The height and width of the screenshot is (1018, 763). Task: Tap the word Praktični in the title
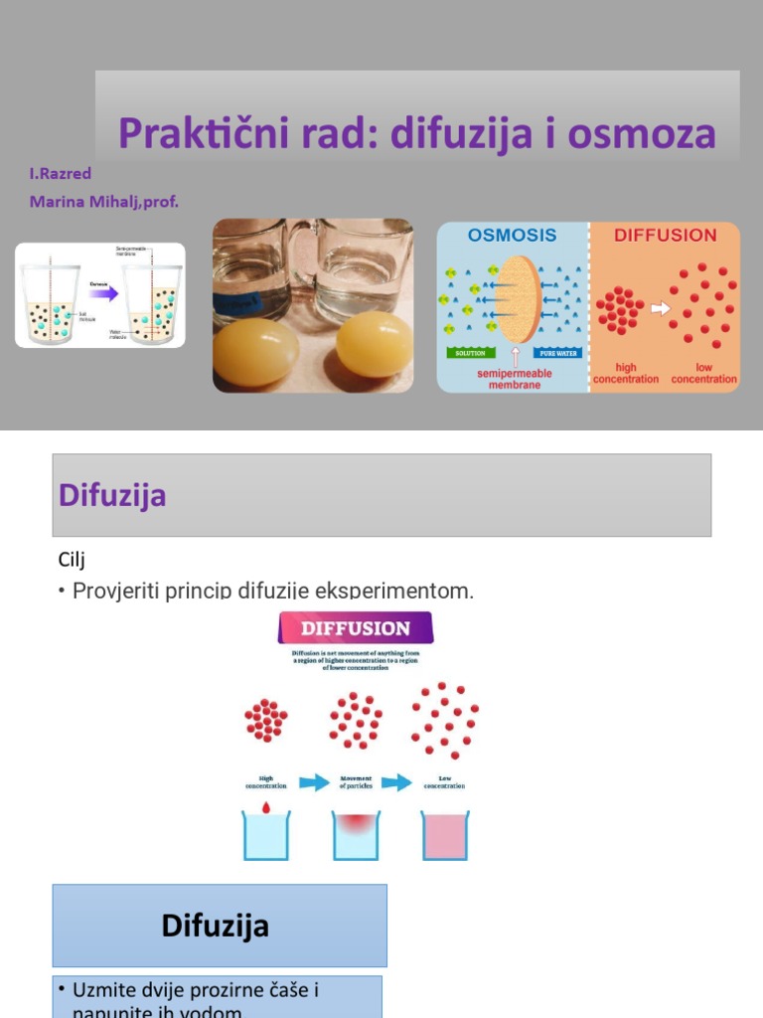184,133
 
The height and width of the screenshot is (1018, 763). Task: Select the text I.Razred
61,173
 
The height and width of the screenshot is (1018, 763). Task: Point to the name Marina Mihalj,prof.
104,202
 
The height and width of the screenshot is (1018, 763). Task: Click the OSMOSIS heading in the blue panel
512,236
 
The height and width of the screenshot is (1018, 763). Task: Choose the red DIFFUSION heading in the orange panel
665,236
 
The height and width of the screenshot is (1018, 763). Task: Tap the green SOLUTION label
470,353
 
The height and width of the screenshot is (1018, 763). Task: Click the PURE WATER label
558,353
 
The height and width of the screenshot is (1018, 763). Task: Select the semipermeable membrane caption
514,379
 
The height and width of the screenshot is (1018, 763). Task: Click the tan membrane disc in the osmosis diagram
517,298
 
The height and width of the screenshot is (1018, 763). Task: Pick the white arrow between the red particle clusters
659,308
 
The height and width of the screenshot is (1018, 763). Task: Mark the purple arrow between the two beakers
103,293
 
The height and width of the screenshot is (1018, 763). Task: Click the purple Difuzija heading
112,495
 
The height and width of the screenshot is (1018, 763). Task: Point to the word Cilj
73,560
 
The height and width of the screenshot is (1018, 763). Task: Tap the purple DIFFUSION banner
355,628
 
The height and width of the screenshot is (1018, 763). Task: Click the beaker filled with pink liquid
444,835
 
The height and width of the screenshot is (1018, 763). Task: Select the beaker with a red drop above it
265,835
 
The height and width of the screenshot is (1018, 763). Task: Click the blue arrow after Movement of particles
396,782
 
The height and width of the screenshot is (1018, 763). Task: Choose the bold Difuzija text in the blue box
216,927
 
